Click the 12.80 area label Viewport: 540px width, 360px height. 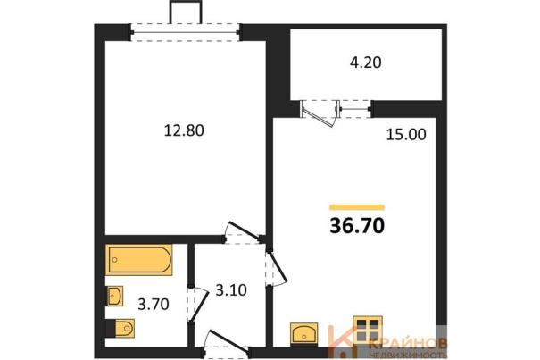(184, 130)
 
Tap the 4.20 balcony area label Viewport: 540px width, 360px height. (365, 63)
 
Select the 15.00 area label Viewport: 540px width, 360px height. (406, 135)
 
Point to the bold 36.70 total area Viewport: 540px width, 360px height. (357, 226)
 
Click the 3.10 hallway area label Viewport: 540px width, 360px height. (231, 290)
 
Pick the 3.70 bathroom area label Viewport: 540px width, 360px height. (154, 305)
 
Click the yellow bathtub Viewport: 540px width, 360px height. (138, 260)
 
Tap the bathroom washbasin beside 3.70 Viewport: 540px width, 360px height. (114, 296)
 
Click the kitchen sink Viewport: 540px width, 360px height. (303, 333)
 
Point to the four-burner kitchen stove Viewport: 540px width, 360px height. (368, 330)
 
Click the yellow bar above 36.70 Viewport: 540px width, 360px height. (357, 207)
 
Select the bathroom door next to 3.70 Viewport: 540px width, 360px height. (198, 304)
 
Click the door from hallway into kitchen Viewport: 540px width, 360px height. (277, 268)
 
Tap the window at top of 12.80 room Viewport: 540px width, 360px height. (185, 33)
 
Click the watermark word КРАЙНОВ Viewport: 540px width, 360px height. (409, 343)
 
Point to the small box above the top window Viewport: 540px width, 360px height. (185, 13)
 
